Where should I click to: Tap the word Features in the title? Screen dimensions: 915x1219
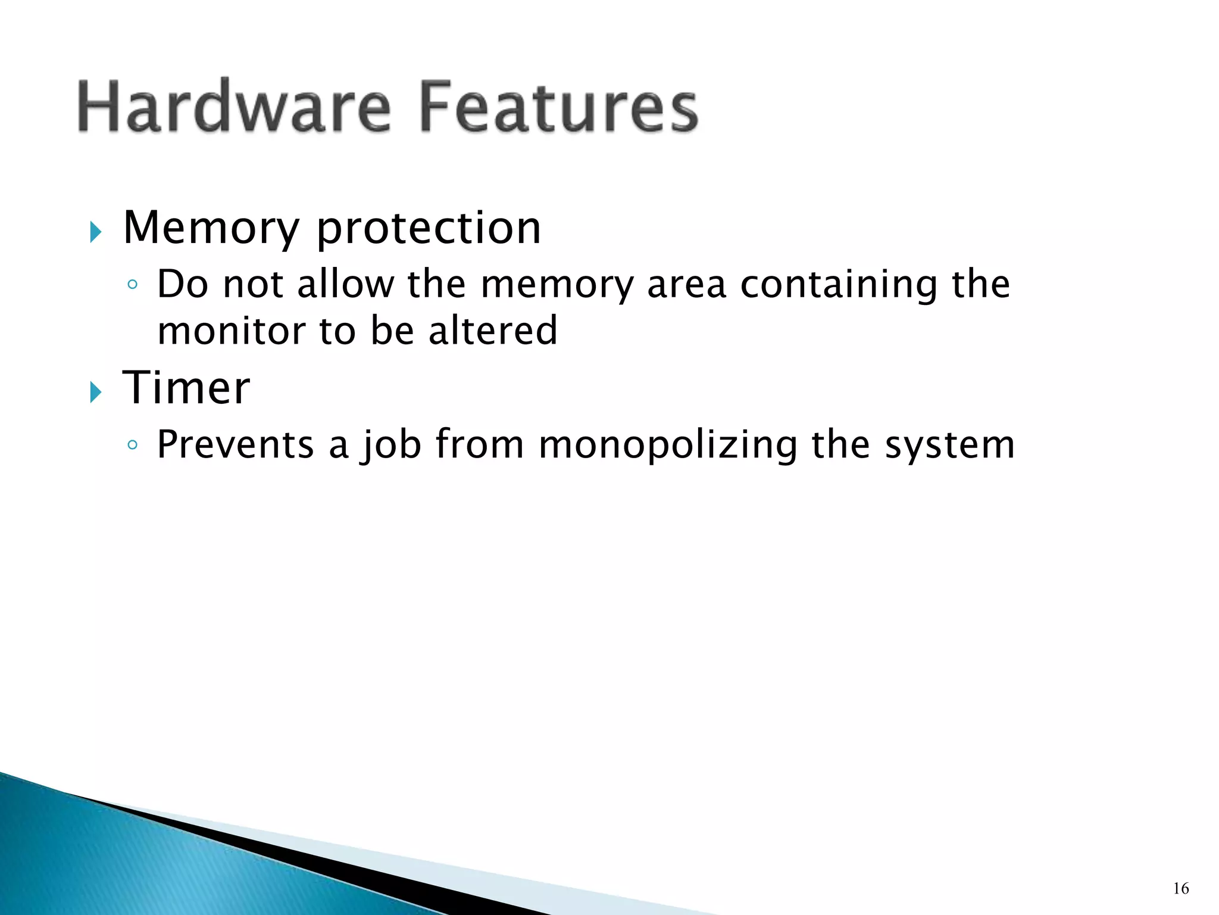tap(558, 107)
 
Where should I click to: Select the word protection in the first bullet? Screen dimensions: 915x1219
tap(429, 229)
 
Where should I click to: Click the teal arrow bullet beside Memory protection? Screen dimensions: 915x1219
tap(96, 232)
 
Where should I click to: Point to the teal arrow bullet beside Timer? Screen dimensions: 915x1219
tap(96, 392)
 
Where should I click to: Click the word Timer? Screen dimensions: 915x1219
tap(186, 388)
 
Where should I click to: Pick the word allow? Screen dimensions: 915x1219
tap(345, 284)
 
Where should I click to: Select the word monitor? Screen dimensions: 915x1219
tap(231, 331)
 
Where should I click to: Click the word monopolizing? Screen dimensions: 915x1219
tap(668, 446)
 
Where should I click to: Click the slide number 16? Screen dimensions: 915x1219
tap(1181, 889)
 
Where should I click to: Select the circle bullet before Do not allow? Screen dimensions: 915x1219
tap(133, 285)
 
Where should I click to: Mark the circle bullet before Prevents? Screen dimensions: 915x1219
tap(133, 445)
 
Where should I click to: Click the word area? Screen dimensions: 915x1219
tap(686, 285)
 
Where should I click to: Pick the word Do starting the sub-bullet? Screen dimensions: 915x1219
tap(183, 284)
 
